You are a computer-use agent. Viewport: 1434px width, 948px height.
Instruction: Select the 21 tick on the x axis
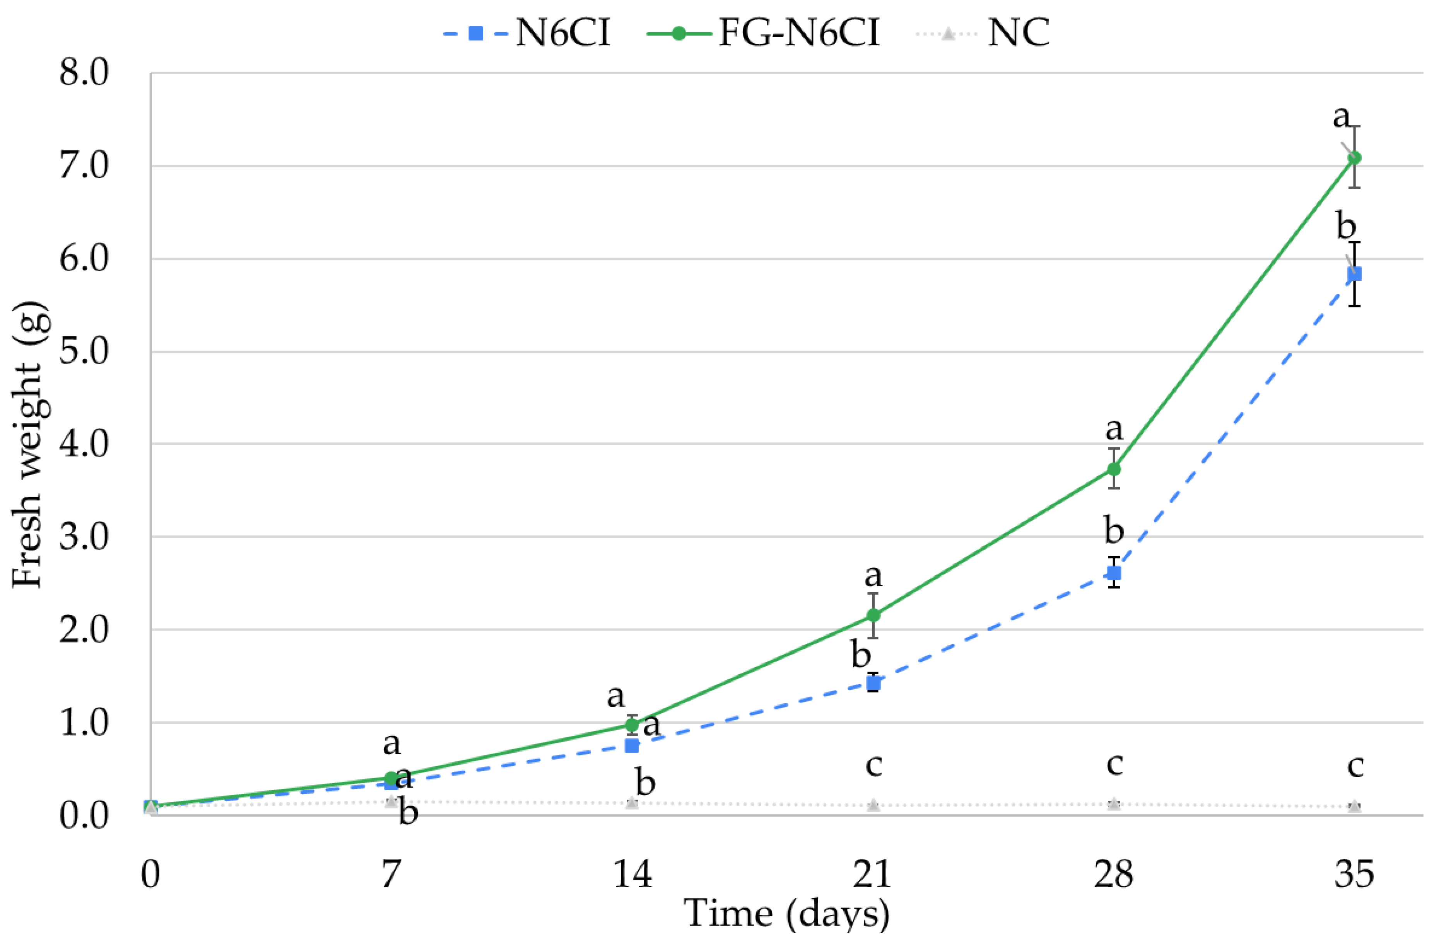(x=872, y=874)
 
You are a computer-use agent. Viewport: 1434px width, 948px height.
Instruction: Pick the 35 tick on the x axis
(x=1354, y=874)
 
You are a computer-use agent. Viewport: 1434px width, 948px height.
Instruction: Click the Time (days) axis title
(x=786, y=913)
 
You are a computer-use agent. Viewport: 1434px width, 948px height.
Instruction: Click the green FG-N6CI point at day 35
(x=1355, y=158)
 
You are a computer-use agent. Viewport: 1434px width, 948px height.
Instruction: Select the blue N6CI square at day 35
(x=1355, y=274)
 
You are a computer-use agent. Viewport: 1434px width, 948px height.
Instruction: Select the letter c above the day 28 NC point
(x=1114, y=764)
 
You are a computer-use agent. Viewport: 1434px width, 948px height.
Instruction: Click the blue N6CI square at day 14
(x=632, y=745)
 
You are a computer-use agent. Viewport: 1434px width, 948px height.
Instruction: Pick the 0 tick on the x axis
(x=150, y=874)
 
